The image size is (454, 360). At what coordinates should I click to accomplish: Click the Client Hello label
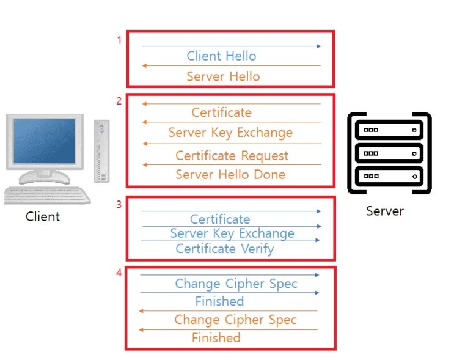[x=221, y=56]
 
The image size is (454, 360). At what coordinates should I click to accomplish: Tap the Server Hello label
[x=223, y=76]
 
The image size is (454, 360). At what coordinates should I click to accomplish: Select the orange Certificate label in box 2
[x=221, y=112]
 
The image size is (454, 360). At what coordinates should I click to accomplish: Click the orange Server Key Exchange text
[x=230, y=133]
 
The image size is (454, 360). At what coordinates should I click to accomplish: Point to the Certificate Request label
[x=232, y=155]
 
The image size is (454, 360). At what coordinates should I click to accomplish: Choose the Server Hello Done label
[x=230, y=174]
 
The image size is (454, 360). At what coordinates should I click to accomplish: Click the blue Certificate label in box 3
[x=220, y=219]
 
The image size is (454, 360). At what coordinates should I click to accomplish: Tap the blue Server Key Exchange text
[x=232, y=233]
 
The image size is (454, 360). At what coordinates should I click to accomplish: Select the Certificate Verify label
[x=225, y=249]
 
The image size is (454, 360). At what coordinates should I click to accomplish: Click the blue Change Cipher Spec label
[x=236, y=284]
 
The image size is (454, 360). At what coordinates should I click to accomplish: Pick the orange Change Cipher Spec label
[x=235, y=320]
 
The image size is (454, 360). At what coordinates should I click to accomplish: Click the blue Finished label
[x=219, y=301]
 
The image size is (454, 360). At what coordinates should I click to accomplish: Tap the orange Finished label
[x=216, y=338]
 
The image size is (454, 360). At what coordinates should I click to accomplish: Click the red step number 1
[x=119, y=40]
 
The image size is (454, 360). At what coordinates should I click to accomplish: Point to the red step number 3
[x=119, y=205]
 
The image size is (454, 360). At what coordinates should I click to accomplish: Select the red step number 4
[x=119, y=273]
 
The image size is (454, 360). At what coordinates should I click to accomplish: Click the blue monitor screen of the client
[x=44, y=141]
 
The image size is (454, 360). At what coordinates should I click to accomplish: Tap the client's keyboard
[x=47, y=195]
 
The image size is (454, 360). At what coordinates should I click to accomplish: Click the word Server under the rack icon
[x=385, y=211]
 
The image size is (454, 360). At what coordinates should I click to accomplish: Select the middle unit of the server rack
[x=389, y=153]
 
